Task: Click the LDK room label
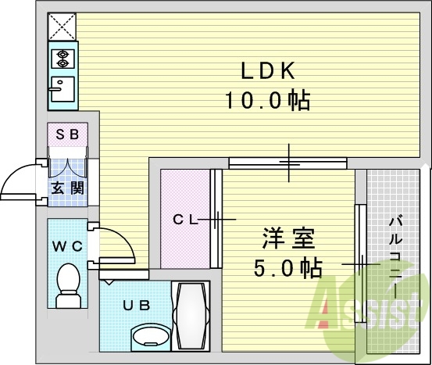point(268,71)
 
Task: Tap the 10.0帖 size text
point(268,100)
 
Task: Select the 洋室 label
point(288,238)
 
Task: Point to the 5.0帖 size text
point(288,267)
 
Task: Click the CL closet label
point(185,220)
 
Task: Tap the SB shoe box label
point(67,134)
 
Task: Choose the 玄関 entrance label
point(67,189)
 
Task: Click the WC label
point(67,246)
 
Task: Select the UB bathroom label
point(137,306)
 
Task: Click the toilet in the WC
point(68,285)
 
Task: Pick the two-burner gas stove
point(62,59)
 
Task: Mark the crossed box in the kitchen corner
point(62,27)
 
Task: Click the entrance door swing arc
point(17,171)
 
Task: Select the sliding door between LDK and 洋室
point(288,163)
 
